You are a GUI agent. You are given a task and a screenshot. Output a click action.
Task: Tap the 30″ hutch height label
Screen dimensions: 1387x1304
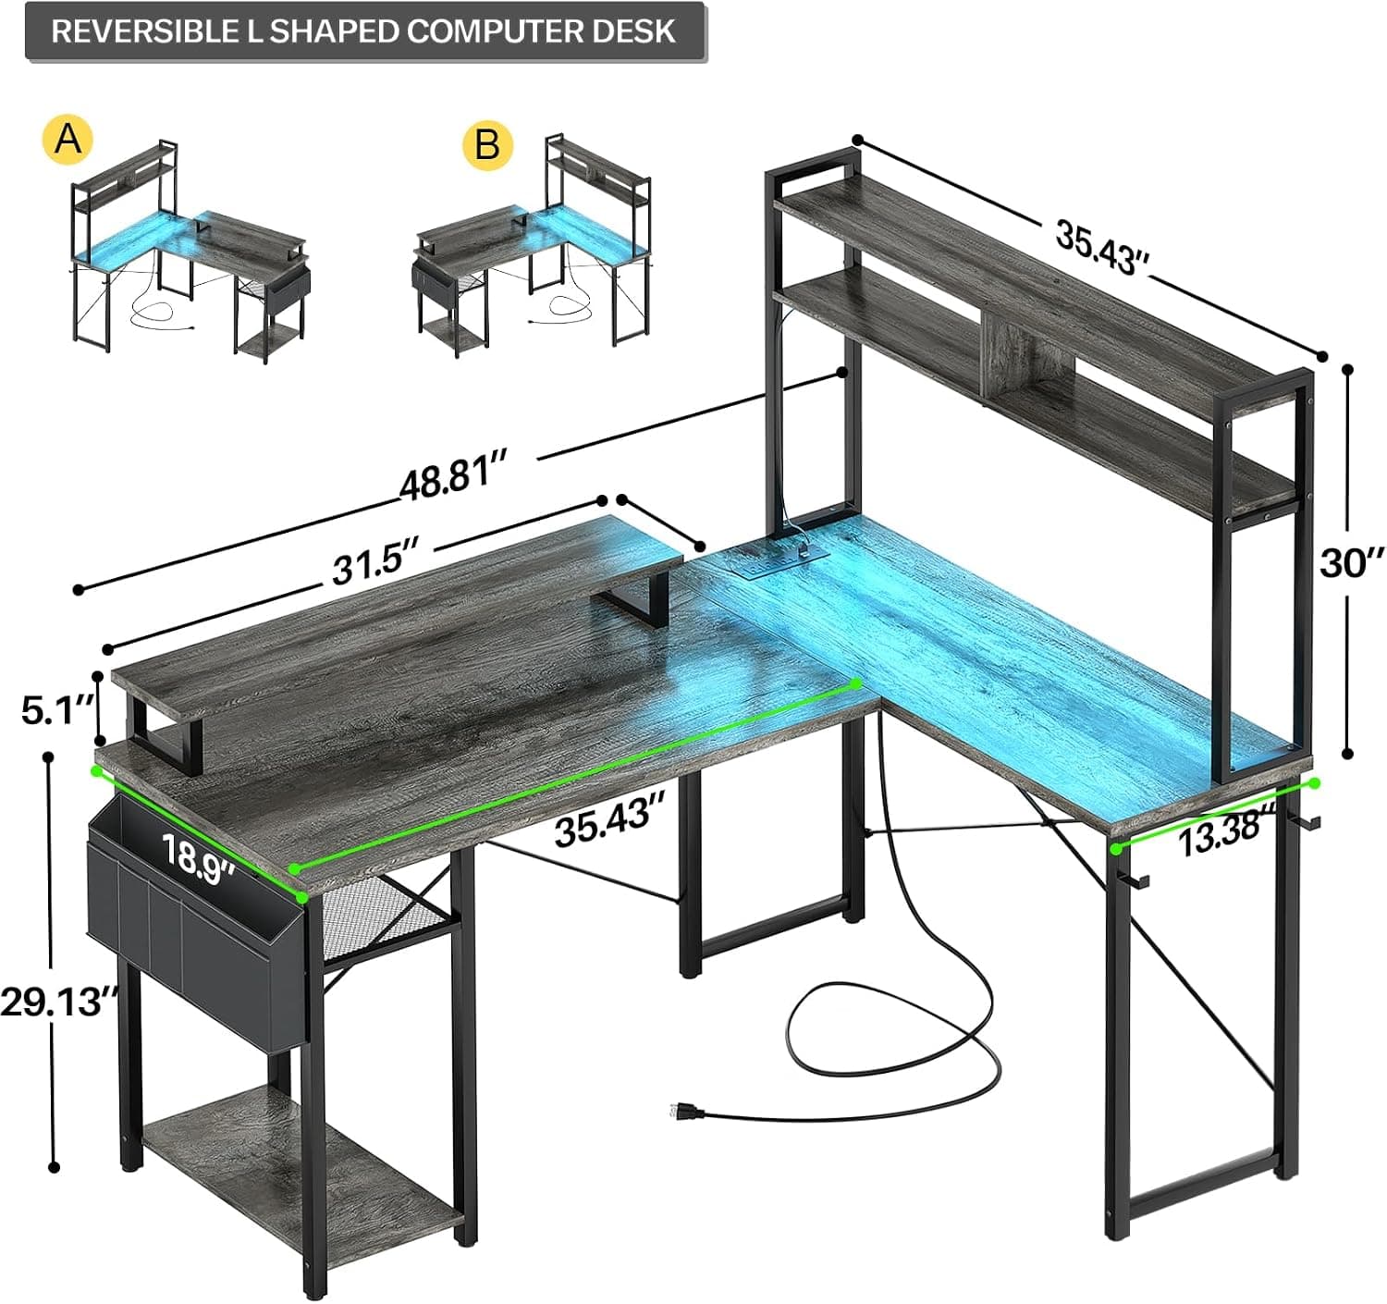click(1351, 562)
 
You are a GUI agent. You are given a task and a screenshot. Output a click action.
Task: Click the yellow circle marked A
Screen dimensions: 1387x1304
click(68, 140)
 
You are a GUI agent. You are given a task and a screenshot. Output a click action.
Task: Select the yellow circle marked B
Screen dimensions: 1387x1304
click(487, 146)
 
